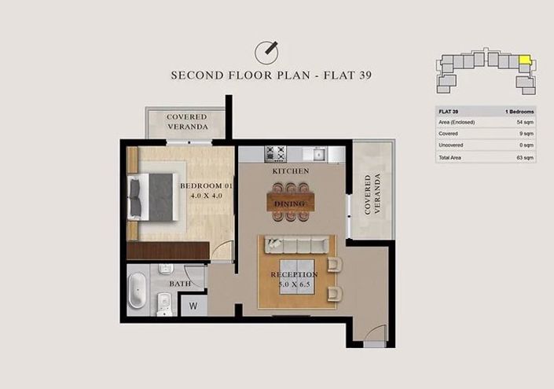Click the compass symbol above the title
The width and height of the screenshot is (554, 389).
(267, 53)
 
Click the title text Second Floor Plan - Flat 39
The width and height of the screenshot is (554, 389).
(271, 75)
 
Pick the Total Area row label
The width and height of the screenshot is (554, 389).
(452, 157)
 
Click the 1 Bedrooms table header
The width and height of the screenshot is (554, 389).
(519, 112)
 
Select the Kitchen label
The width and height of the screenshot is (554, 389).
(290, 171)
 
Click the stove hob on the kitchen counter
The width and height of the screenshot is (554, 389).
(275, 153)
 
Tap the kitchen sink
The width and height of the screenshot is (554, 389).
(318, 153)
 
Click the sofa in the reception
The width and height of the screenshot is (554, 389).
(299, 244)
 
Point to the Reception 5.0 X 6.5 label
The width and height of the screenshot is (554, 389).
(294, 279)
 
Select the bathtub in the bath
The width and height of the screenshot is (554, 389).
(137, 290)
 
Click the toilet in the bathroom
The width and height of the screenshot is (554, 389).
(164, 301)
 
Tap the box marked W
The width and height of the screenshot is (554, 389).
(193, 305)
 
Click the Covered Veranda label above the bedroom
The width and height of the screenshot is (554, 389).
(187, 122)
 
